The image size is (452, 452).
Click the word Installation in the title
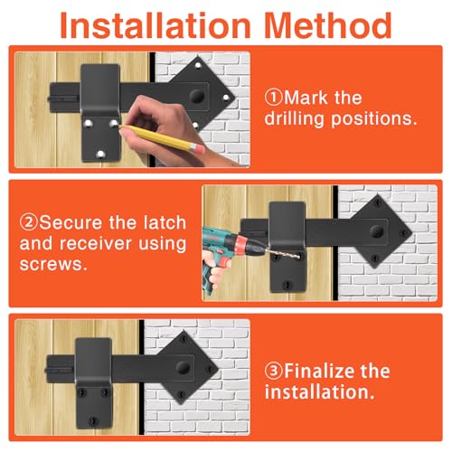(x=155, y=25)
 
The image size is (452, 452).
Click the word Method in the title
(x=328, y=25)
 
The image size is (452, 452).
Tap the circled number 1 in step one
(x=274, y=98)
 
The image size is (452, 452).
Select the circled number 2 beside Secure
(x=29, y=222)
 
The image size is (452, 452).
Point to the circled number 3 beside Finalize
(x=274, y=371)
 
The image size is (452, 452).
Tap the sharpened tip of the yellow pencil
(x=120, y=127)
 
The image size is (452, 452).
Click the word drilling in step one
(x=296, y=118)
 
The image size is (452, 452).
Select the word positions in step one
(x=374, y=119)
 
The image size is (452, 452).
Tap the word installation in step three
(x=319, y=392)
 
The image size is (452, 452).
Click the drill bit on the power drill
(x=283, y=253)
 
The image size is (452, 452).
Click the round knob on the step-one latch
(x=197, y=96)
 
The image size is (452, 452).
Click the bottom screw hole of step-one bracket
(x=100, y=155)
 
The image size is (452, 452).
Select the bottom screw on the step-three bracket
(x=93, y=420)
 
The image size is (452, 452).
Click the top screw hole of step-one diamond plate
(x=198, y=65)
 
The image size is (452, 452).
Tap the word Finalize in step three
(x=318, y=371)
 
